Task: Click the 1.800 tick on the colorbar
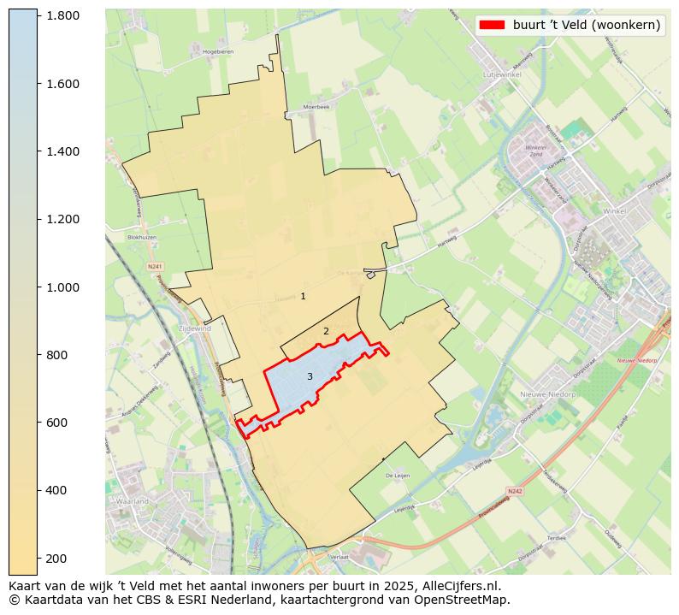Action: [x=63, y=15]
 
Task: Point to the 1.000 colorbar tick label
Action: [x=63, y=287]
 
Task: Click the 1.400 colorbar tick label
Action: [x=63, y=151]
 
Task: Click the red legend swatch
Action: [x=493, y=25]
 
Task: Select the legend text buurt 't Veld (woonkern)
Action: [x=587, y=25]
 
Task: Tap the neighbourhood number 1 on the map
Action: [x=303, y=296]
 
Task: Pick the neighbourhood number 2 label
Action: [x=326, y=331]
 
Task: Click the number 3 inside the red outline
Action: [x=310, y=376]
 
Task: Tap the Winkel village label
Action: [x=614, y=210]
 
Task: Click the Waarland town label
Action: [x=133, y=500]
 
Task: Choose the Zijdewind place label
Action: [x=194, y=328]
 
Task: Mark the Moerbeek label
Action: [x=316, y=107]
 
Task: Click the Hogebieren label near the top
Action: [x=218, y=52]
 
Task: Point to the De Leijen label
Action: [x=399, y=476]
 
